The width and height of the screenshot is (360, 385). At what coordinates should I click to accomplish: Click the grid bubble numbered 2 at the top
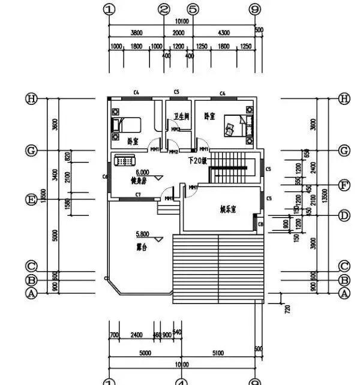[x=164, y=10]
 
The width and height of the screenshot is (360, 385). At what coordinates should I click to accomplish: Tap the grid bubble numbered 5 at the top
[x=193, y=10]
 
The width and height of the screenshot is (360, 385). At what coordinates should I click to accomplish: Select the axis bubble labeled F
[x=344, y=185]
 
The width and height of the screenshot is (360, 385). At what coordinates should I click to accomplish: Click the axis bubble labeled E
[x=31, y=199]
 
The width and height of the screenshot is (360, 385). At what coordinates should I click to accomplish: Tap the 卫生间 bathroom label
[x=182, y=116]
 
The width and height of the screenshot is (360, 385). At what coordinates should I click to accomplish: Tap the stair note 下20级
[x=198, y=161]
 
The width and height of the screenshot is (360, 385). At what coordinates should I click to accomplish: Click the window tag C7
[x=138, y=195]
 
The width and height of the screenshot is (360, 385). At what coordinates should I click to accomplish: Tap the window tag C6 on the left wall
[x=104, y=176]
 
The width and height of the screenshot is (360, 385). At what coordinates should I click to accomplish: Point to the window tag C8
[x=260, y=224]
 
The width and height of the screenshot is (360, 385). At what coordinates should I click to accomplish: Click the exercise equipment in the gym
[x=126, y=161]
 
